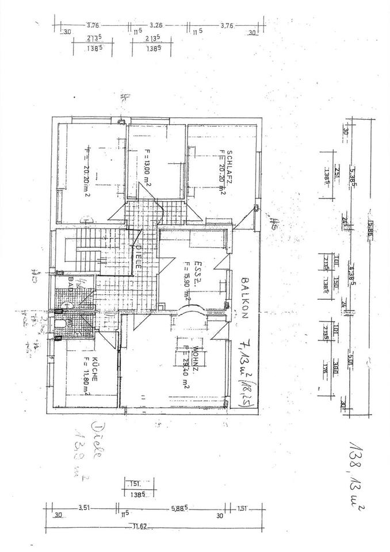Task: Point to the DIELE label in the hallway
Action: click(140, 256)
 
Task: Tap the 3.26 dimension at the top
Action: click(156, 25)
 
